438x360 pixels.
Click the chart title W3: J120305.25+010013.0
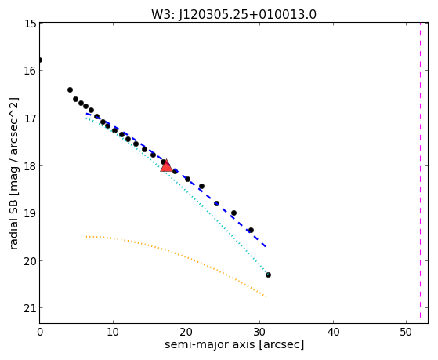click(233, 15)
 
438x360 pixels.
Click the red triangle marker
click(166, 165)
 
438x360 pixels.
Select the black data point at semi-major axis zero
click(40, 60)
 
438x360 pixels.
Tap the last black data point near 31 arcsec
click(268, 275)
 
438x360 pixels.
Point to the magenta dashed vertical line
click(420, 170)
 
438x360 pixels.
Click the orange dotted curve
click(179, 254)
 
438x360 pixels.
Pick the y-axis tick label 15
click(31, 24)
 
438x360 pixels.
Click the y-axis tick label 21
click(31, 308)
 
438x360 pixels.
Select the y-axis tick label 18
click(31, 166)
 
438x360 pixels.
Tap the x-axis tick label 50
click(406, 333)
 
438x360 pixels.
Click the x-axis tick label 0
click(40, 333)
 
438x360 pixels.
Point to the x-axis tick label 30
click(260, 333)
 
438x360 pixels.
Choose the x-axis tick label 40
click(333, 333)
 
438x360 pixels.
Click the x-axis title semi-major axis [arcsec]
click(234, 344)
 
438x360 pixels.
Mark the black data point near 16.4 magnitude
click(70, 89)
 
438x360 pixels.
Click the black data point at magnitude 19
click(233, 213)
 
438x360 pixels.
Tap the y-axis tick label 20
click(31, 261)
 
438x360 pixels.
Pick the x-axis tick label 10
click(113, 333)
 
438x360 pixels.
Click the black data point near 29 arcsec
click(251, 231)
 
